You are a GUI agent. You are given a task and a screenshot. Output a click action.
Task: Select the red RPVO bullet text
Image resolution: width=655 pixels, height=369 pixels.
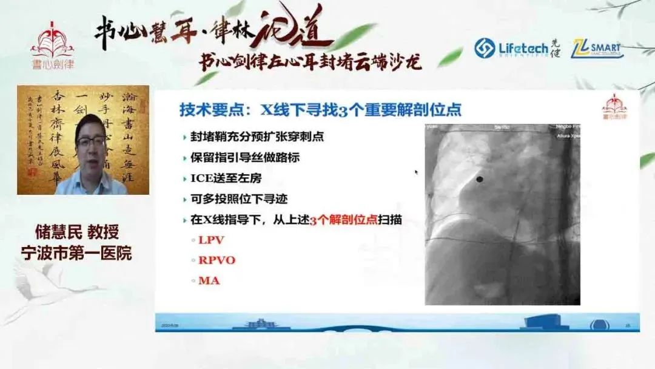217,260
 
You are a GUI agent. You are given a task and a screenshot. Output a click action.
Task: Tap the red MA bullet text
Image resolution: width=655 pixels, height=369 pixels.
209,280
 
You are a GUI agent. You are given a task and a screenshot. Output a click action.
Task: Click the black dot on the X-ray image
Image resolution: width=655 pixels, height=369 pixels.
480,179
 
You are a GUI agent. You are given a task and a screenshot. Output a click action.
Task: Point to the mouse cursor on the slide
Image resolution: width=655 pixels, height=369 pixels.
416,172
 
